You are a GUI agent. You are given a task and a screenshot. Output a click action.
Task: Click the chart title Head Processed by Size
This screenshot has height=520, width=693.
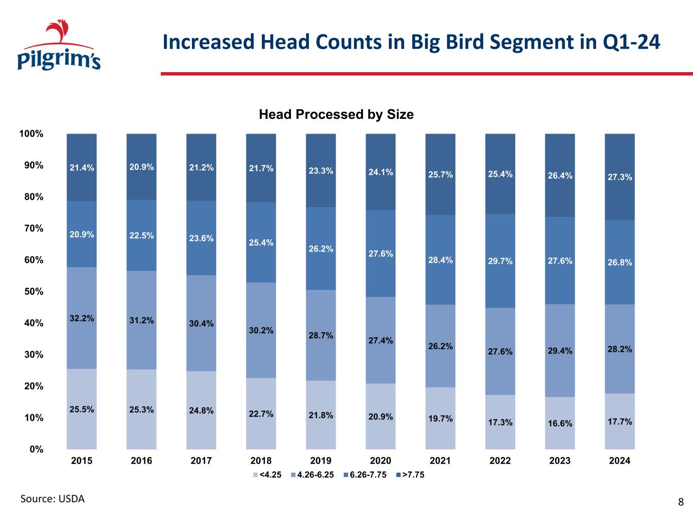336,114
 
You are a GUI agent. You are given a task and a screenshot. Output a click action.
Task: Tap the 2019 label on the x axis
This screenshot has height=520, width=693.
320,461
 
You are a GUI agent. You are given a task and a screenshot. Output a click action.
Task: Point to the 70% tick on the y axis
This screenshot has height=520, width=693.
31,229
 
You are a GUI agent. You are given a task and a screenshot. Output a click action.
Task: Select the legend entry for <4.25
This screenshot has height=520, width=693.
267,475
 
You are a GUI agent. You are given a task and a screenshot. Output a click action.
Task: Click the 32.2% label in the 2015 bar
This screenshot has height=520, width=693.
82,318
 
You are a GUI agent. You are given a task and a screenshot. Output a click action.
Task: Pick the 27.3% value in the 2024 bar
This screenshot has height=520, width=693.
620,177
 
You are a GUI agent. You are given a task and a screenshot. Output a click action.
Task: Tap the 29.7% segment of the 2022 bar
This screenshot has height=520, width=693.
500,261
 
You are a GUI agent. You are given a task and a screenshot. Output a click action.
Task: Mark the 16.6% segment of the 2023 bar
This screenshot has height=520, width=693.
560,424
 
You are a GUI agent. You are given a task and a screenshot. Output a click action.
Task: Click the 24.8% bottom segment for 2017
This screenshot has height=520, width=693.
201,410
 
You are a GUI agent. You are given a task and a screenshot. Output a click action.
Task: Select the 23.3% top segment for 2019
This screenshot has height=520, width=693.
321,171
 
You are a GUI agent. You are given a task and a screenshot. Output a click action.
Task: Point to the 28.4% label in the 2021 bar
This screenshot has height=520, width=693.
440,260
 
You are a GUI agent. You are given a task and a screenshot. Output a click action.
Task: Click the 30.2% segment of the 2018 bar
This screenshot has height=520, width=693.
261,331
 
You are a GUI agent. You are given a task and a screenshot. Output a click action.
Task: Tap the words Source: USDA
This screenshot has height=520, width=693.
52,499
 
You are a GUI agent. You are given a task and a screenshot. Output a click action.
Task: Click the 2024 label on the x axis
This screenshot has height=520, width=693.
619,461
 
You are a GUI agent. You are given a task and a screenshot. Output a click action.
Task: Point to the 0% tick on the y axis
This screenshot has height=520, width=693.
36,449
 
